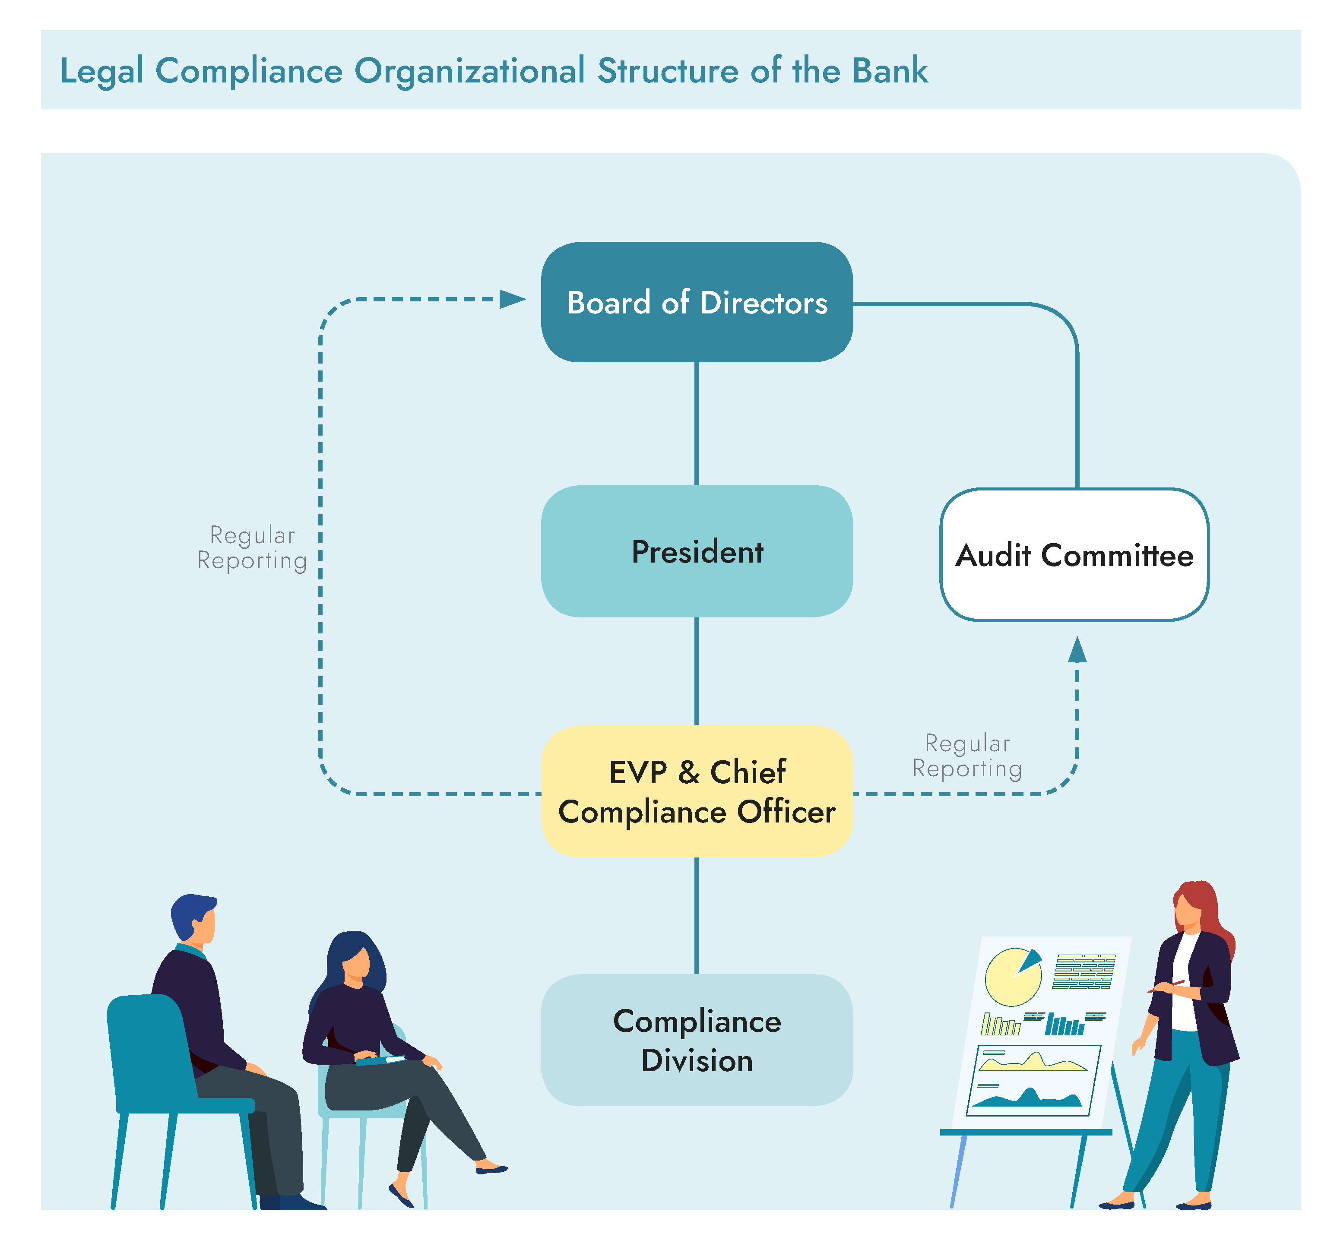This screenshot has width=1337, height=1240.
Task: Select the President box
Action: click(696, 551)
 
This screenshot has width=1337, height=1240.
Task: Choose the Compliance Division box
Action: click(696, 1040)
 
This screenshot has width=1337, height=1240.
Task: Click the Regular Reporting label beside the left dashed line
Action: click(252, 547)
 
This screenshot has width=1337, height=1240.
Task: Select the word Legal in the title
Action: click(102, 72)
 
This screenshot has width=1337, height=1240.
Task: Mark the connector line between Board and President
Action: click(696, 423)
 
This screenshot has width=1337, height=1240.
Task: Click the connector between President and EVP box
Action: click(696, 671)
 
